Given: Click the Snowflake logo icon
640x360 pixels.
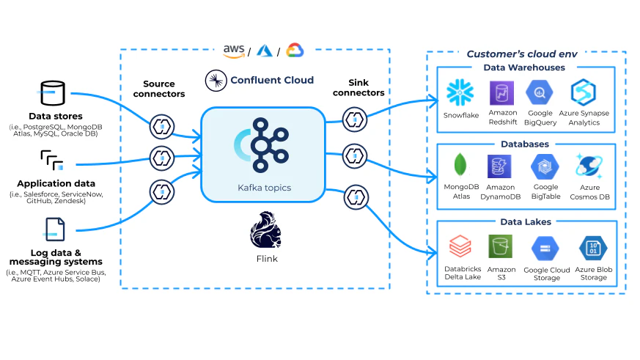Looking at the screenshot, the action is tap(460, 92).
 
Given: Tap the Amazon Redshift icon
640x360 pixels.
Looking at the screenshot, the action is tap(501, 93).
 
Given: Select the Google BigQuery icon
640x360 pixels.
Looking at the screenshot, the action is tap(540, 92).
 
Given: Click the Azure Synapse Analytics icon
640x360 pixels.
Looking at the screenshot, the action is tap(584, 92).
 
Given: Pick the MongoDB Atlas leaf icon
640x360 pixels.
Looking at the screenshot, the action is tap(460, 165).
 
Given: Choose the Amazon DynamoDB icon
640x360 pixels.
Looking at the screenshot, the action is tap(499, 166).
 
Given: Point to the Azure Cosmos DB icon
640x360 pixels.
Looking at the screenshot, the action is tap(589, 166).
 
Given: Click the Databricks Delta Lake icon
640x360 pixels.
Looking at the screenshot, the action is tap(460, 246).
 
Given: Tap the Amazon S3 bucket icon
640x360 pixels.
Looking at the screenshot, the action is tap(501, 246).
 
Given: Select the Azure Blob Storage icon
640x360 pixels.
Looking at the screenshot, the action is tap(593, 248).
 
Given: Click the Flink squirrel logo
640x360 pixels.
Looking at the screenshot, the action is tap(265, 229).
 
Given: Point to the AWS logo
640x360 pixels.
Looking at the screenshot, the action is tap(234, 51).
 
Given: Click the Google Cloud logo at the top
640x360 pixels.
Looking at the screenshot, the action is tap(295, 50).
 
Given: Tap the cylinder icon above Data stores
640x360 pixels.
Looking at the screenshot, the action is tap(53, 93).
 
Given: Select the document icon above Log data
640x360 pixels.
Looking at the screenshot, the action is tap(55, 229).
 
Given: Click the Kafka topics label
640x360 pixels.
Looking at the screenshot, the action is tap(265, 188).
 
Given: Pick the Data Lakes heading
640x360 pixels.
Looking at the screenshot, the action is tap(526, 222).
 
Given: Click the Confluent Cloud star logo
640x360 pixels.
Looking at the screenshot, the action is tap(216, 81).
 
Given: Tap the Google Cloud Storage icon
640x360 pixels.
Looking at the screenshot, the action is tap(545, 249).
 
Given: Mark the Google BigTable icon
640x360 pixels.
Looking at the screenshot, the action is tap(545, 166).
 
